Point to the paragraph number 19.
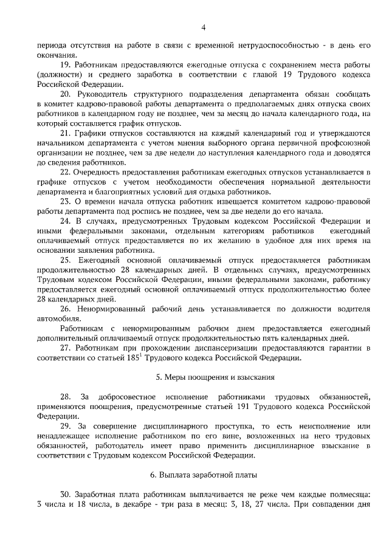65,65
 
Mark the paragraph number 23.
65,201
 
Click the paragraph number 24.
65,221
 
